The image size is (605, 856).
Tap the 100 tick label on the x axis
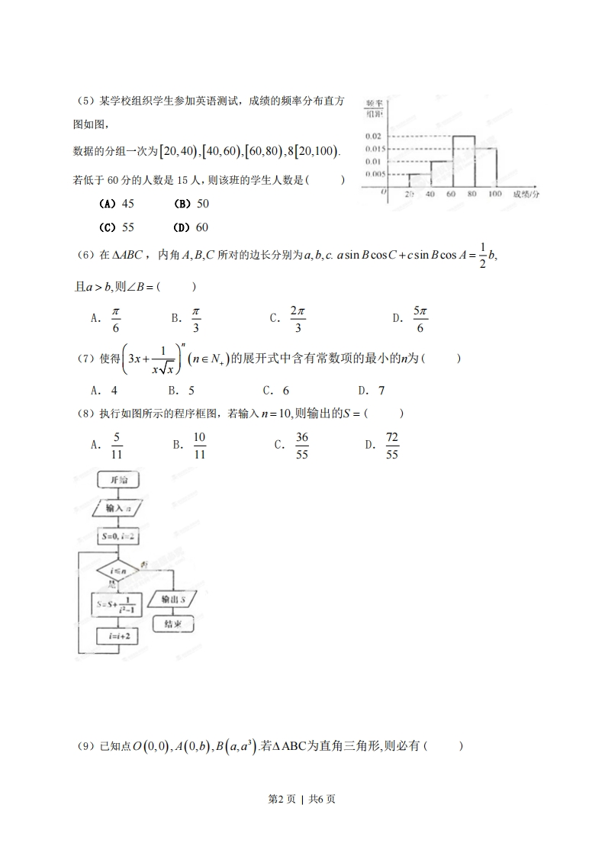point(494,195)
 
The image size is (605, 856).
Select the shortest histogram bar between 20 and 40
point(419,180)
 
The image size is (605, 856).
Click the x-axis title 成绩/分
point(526,195)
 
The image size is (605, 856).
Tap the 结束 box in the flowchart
point(173,623)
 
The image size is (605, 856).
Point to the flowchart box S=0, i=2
point(117,537)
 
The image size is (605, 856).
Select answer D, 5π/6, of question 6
point(413,319)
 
